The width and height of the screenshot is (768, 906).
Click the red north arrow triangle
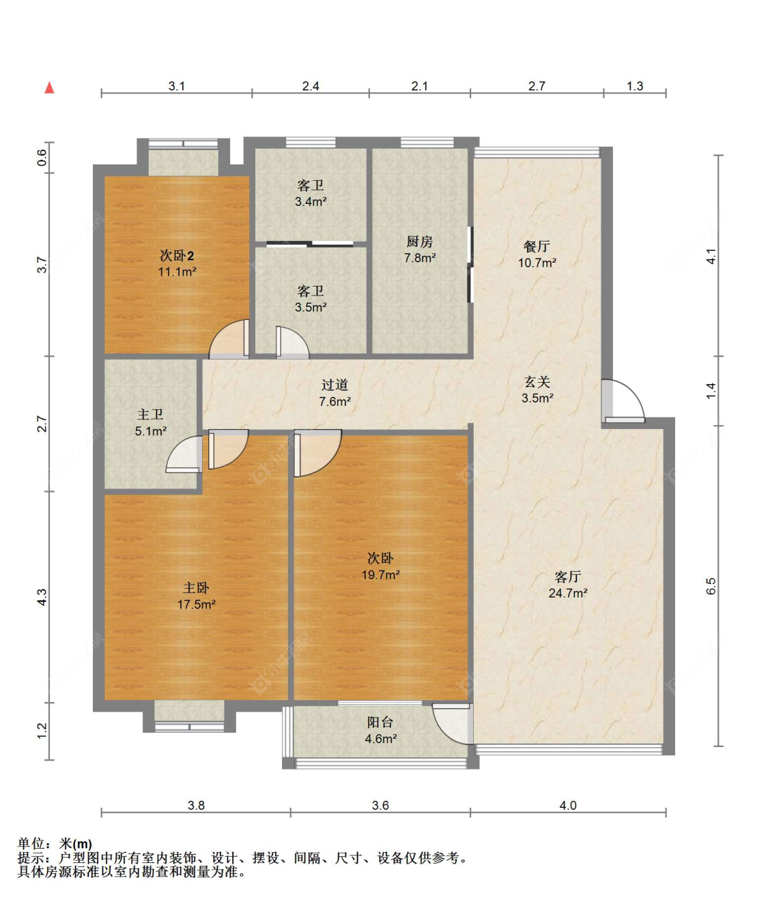pos(50,87)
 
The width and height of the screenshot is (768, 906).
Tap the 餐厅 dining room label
pos(537,246)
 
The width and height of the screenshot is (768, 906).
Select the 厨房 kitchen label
pos(419,242)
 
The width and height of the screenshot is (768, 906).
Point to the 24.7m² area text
pos(567,593)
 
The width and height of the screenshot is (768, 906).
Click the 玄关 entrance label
pos(537,382)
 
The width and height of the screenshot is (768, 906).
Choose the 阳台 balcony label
pos(380,722)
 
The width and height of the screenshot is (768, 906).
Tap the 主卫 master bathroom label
pos(150,415)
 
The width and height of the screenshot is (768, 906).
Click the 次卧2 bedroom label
pos(177,255)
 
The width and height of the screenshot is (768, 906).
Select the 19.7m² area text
pos(380,574)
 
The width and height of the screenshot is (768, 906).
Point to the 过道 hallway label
pos(335,385)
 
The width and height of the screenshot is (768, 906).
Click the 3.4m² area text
pos(311,202)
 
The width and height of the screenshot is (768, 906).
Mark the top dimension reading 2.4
pos(311,86)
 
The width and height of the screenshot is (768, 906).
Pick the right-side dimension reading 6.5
pos(711,586)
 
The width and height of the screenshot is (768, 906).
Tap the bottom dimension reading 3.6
pos(380,805)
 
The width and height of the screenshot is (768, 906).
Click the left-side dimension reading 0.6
pos(42,158)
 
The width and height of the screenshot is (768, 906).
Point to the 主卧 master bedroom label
pos(196,588)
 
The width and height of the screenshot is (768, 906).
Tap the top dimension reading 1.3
pos(635,86)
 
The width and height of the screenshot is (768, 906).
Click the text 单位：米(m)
pos(55,843)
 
